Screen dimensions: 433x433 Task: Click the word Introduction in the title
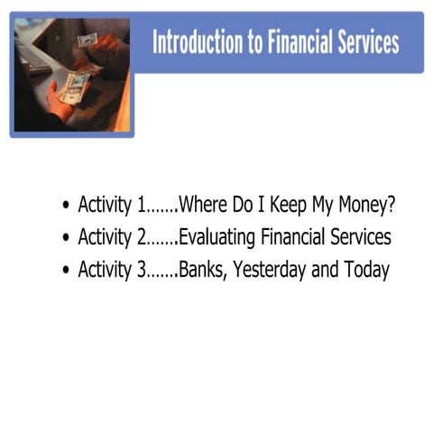(193, 42)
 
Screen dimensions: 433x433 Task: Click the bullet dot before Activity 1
(66, 206)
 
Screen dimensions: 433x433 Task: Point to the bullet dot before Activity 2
(66, 239)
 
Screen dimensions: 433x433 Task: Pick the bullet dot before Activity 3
(66, 271)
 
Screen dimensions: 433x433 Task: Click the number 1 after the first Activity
(141, 205)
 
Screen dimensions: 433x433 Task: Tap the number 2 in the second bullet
(142, 237)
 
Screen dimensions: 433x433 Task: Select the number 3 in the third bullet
(142, 270)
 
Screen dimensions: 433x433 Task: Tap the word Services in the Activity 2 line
(358, 237)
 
